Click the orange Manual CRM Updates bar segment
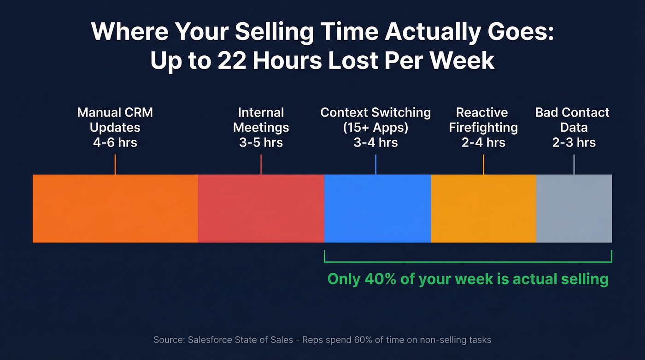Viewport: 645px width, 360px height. (x=115, y=208)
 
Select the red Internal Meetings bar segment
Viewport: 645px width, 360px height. (x=261, y=208)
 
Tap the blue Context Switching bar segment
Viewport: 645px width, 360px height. (x=377, y=208)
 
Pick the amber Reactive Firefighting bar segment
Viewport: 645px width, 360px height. (x=483, y=208)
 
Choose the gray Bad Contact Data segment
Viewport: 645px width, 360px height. (x=574, y=208)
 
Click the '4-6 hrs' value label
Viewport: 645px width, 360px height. (x=115, y=142)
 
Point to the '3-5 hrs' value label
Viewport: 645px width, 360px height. (x=261, y=142)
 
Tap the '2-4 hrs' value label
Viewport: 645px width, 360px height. (x=483, y=142)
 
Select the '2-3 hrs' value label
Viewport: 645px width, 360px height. (x=574, y=142)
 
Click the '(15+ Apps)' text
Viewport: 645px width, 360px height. (x=375, y=128)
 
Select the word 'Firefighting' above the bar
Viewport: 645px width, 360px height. (x=483, y=128)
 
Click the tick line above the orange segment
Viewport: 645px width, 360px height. (x=115, y=165)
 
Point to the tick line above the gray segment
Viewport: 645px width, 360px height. (x=574, y=165)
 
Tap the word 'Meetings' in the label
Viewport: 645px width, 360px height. (x=261, y=128)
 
